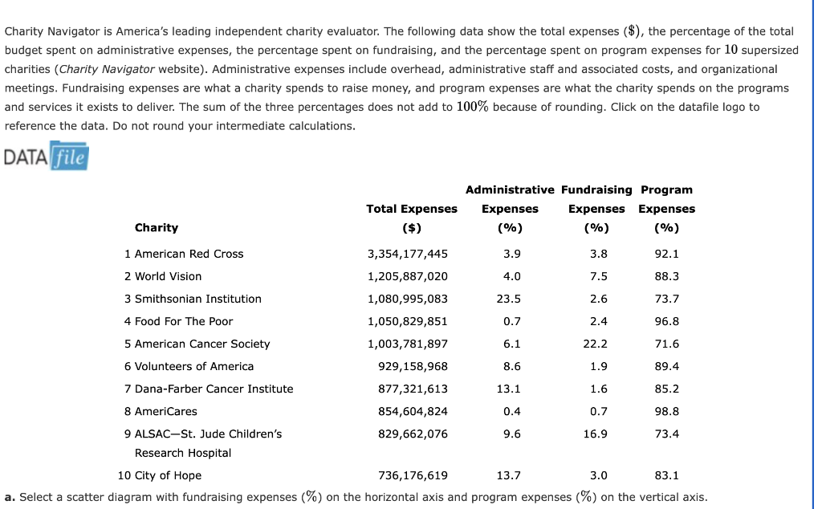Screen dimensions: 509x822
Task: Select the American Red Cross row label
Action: tap(184, 254)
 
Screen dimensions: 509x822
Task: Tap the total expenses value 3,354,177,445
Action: tap(407, 254)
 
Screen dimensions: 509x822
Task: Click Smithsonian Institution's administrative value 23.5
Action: tap(510, 299)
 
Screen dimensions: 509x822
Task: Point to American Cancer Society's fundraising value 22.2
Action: tap(596, 344)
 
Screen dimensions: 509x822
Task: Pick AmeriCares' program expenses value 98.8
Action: tap(667, 411)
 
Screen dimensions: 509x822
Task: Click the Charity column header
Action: tap(157, 227)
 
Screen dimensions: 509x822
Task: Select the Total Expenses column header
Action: tap(412, 209)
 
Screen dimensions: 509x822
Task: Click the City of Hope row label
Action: tap(160, 475)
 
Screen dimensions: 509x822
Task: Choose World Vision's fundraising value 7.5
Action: tap(598, 276)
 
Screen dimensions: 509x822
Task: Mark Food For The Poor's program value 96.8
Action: tap(667, 321)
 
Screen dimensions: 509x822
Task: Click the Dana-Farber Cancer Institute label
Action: tap(209, 389)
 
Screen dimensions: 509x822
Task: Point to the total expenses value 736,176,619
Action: tap(413, 475)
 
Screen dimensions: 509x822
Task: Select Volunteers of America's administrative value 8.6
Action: tap(511, 366)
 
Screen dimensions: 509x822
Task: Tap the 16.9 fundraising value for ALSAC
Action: tap(596, 434)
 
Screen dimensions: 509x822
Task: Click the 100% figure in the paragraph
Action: tap(473, 106)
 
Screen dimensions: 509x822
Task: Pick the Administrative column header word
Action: tap(510, 189)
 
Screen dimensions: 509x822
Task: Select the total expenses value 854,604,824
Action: tap(413, 411)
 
